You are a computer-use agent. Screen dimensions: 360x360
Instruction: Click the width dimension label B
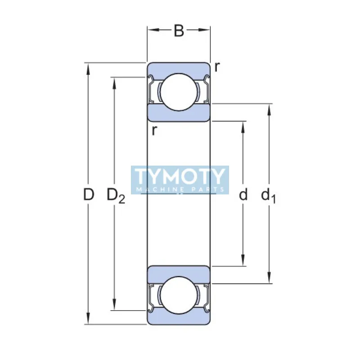pyautogui.click(x=179, y=31)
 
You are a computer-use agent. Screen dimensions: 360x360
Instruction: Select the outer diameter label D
pyautogui.click(x=89, y=195)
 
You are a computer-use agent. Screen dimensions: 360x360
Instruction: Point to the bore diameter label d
pyautogui.click(x=243, y=195)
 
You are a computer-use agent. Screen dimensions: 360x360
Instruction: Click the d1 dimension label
pyautogui.click(x=269, y=196)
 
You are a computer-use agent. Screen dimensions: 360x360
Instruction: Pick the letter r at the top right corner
pyautogui.click(x=217, y=67)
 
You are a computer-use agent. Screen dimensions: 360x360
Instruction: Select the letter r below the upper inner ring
pyautogui.click(x=154, y=131)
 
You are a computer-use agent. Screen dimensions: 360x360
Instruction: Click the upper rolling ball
pyautogui.click(x=179, y=91)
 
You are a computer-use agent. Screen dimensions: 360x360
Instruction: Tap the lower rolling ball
pyautogui.click(x=179, y=296)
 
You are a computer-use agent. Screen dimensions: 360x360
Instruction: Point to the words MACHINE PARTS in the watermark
pyautogui.click(x=180, y=189)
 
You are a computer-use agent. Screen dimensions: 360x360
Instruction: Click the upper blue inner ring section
pyautogui.click(x=179, y=113)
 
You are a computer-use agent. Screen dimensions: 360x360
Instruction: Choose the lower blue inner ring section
pyautogui.click(x=179, y=274)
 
